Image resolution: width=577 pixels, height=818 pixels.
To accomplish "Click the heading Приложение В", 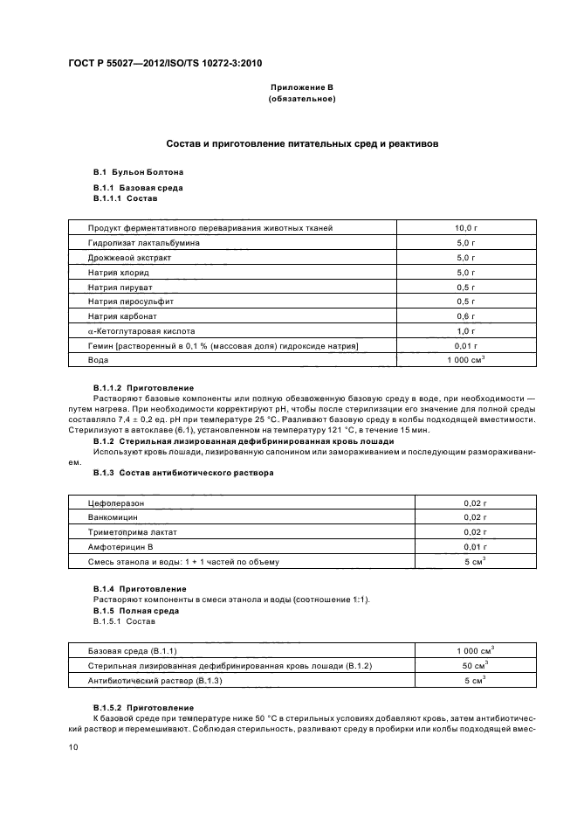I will click(300, 88).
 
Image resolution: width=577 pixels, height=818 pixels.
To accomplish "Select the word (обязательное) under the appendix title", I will click(300, 100).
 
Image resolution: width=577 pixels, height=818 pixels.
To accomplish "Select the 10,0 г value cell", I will click(466, 228).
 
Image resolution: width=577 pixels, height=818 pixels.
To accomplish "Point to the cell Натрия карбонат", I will click(124, 316).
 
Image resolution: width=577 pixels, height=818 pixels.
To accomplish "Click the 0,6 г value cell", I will click(466, 316).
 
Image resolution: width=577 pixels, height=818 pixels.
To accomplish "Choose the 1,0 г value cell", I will click(466, 331).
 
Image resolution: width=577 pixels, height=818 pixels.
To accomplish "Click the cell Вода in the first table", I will click(98, 360).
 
